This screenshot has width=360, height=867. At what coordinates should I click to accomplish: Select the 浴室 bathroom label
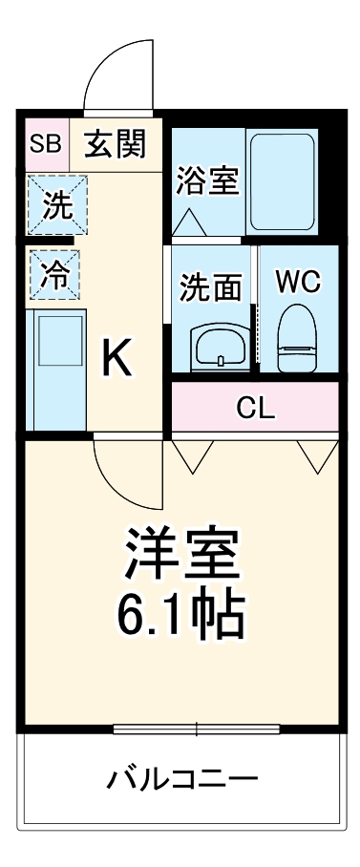pos(206,180)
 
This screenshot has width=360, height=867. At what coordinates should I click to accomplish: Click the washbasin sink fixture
pos(221,348)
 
